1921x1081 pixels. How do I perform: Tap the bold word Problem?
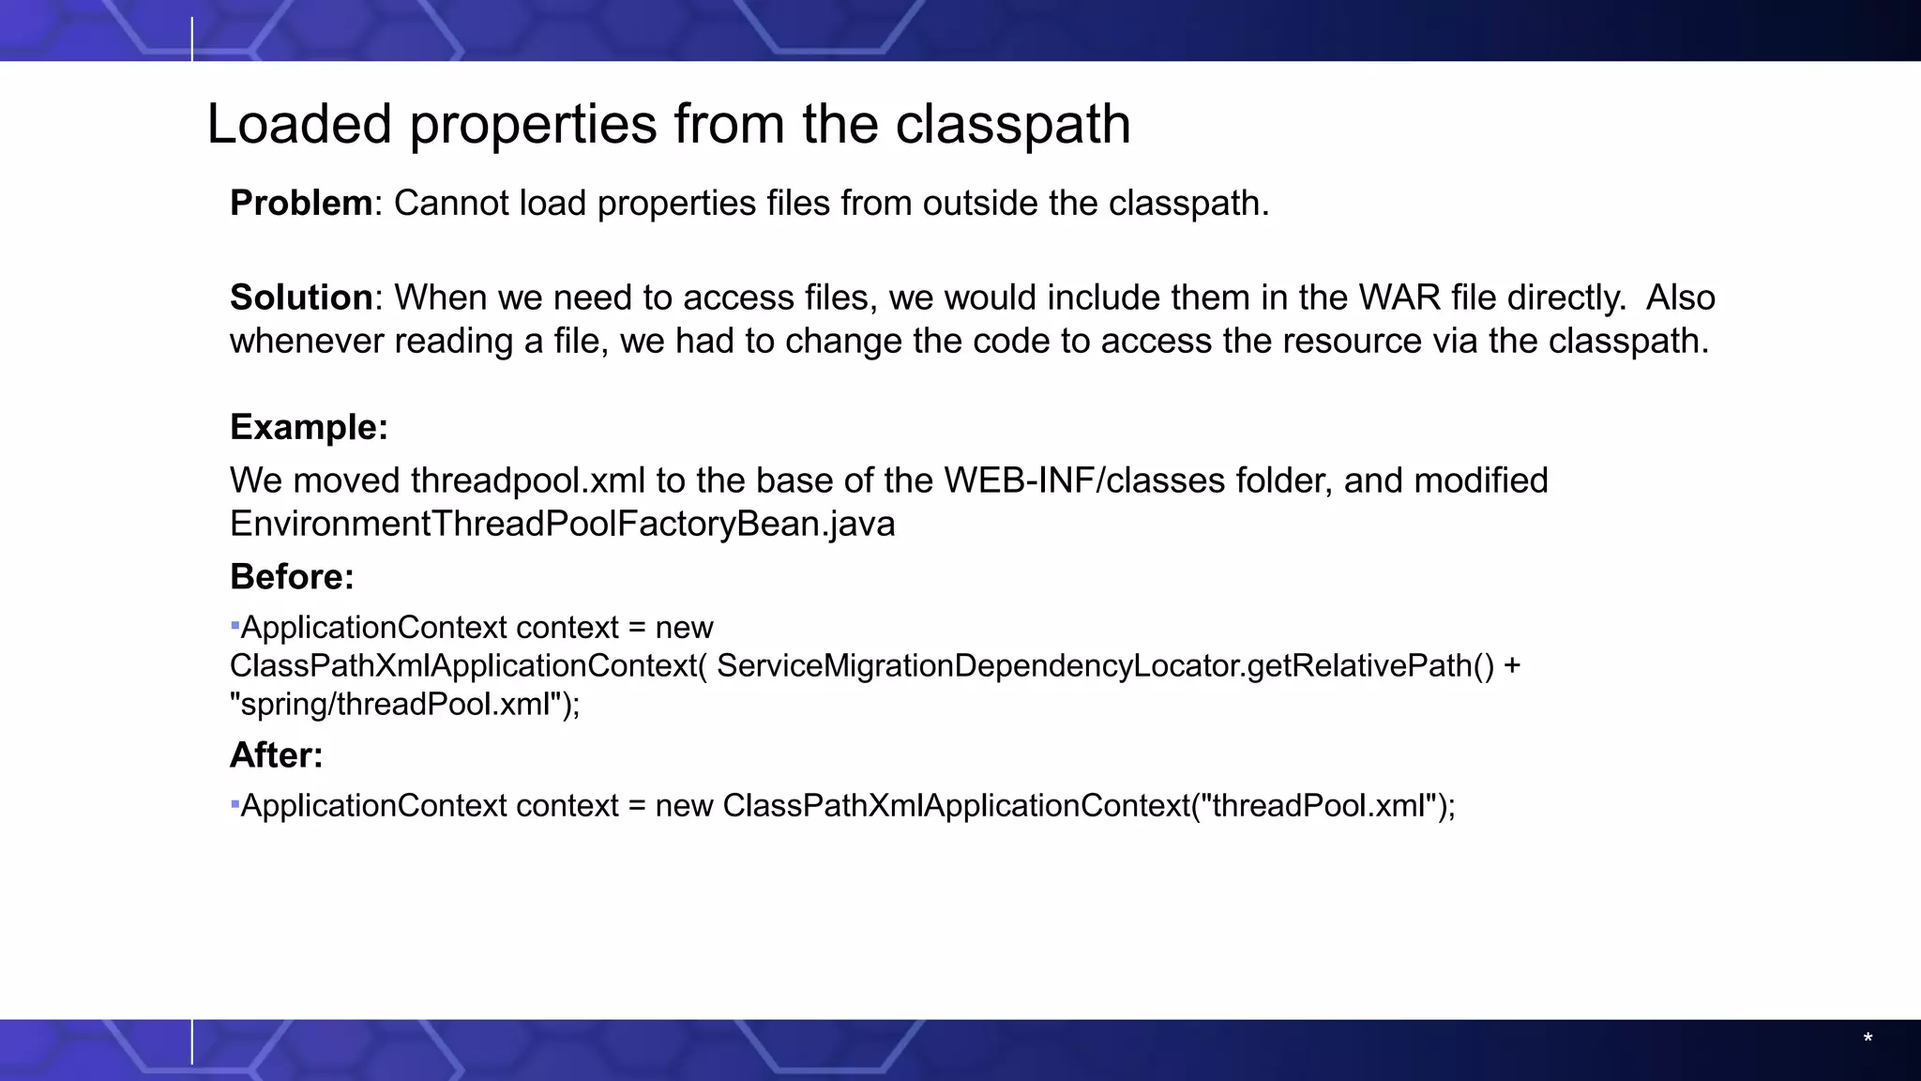(300, 203)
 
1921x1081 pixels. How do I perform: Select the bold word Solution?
(301, 297)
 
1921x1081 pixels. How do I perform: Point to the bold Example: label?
(309, 427)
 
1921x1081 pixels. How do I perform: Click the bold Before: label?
(292, 576)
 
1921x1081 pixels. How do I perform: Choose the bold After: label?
(276, 754)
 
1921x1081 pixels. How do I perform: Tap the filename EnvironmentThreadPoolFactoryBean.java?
(562, 524)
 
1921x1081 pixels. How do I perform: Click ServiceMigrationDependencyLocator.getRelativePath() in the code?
(1105, 665)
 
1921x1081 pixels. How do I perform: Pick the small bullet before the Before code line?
(234, 624)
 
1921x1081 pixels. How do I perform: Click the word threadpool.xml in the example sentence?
(528, 480)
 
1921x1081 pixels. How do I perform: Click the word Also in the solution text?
(1680, 297)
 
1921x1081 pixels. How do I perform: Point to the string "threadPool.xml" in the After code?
(1320, 806)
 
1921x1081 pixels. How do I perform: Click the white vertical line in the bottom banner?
(192, 1042)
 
